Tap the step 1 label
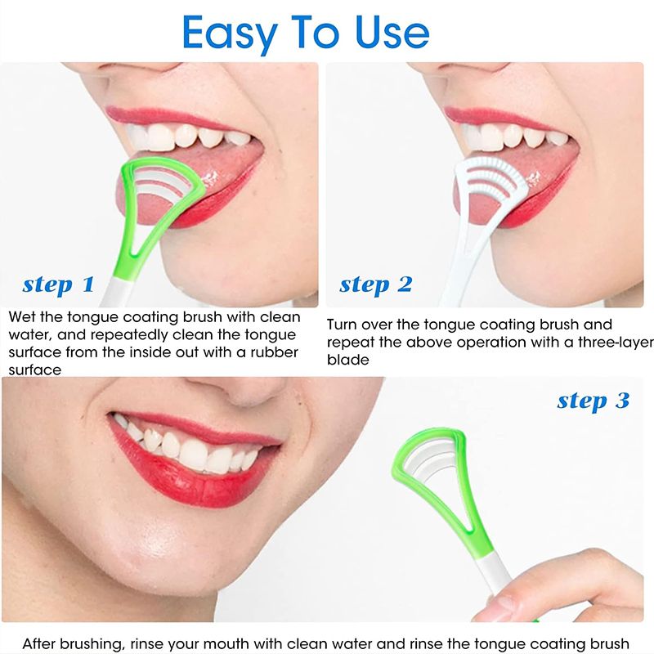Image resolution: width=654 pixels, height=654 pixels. coord(58,284)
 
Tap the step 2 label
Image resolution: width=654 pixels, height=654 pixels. coord(375,284)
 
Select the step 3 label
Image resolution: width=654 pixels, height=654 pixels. coord(593,401)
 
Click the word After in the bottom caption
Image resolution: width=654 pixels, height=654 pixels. coord(42,643)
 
